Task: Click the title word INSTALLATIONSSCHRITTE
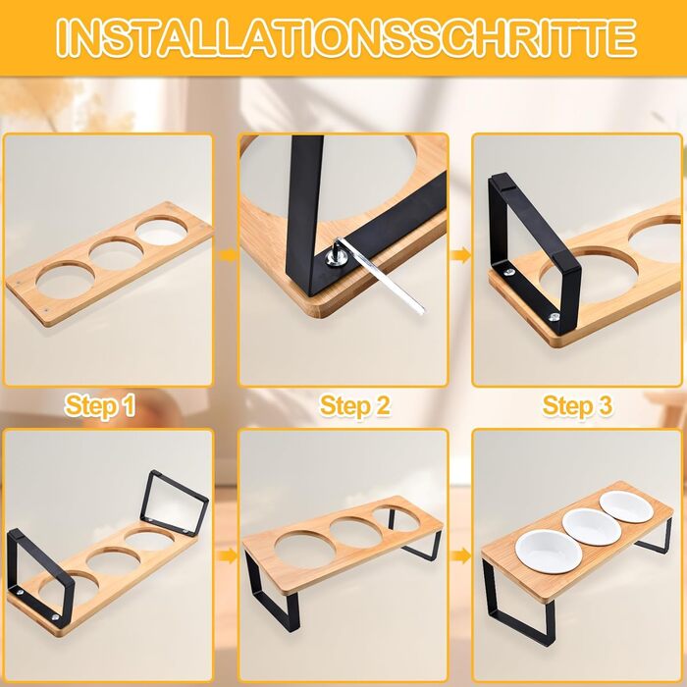click(x=346, y=37)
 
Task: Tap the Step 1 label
click(x=100, y=405)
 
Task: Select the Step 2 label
click(x=354, y=405)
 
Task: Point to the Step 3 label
click(x=577, y=405)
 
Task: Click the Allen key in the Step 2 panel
click(x=381, y=274)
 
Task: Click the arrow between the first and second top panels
click(x=227, y=255)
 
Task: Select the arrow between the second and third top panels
click(x=460, y=255)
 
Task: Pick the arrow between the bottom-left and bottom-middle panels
click(x=227, y=556)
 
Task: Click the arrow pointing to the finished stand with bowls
click(x=460, y=556)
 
